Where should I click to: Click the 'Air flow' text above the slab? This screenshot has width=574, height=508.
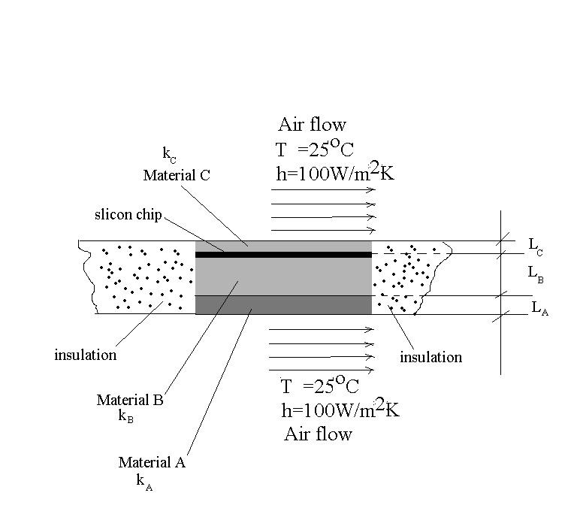(x=312, y=125)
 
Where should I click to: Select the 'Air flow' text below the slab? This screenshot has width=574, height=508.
(x=318, y=434)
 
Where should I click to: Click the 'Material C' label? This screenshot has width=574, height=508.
(x=177, y=176)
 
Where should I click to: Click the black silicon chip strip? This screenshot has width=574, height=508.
(x=283, y=255)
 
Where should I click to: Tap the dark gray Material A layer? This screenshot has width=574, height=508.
(x=283, y=304)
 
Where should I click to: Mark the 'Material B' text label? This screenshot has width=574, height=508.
(x=129, y=401)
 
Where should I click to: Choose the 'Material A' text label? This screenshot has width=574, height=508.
(x=152, y=463)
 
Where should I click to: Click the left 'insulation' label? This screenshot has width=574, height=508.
(x=85, y=355)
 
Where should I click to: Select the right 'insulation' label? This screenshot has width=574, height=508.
(x=430, y=357)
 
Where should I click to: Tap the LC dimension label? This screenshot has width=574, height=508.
(x=536, y=244)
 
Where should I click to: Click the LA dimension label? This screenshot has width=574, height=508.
(x=539, y=308)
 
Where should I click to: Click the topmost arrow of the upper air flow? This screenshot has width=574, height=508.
(x=322, y=190)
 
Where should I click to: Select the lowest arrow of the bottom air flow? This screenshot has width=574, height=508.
(x=322, y=370)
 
